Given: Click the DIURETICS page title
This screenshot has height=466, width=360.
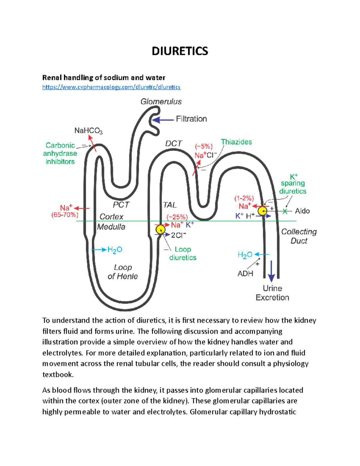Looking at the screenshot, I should coord(180,51).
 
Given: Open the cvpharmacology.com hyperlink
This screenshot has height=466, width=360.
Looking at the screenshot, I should coord(111,87).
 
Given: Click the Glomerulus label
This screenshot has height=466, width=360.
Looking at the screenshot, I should coord(161,102).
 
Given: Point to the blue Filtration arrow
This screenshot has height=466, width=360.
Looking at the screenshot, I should coord(163,120).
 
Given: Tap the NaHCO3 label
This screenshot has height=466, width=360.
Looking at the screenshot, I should coord(88,131).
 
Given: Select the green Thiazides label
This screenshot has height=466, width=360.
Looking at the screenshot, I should coord(236,142).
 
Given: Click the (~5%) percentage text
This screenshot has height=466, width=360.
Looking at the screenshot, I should coord(204,147).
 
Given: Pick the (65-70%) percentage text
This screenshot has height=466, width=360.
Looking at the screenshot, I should coord(65,215).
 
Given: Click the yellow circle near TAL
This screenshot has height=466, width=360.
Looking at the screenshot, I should coord(160,230).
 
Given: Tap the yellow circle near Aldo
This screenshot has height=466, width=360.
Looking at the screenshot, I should coord(262,211).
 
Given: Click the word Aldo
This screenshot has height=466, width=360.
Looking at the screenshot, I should coord(302,211).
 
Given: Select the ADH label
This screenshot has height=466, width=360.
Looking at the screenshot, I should coord(245,274).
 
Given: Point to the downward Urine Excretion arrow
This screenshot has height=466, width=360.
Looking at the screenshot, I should coord(271,272).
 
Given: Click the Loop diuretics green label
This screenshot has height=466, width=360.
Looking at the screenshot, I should coord(183,254).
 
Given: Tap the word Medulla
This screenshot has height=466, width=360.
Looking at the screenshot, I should coord(111,227).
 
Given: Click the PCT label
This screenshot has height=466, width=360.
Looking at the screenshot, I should coord(121,205).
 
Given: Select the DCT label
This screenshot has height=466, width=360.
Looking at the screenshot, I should coord(174,144).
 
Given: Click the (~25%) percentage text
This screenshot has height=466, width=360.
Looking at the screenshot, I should coord(177,217).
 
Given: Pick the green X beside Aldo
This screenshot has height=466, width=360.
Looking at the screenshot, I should coord(285,212).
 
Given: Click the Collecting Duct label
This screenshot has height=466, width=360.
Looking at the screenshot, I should coord(299,236).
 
